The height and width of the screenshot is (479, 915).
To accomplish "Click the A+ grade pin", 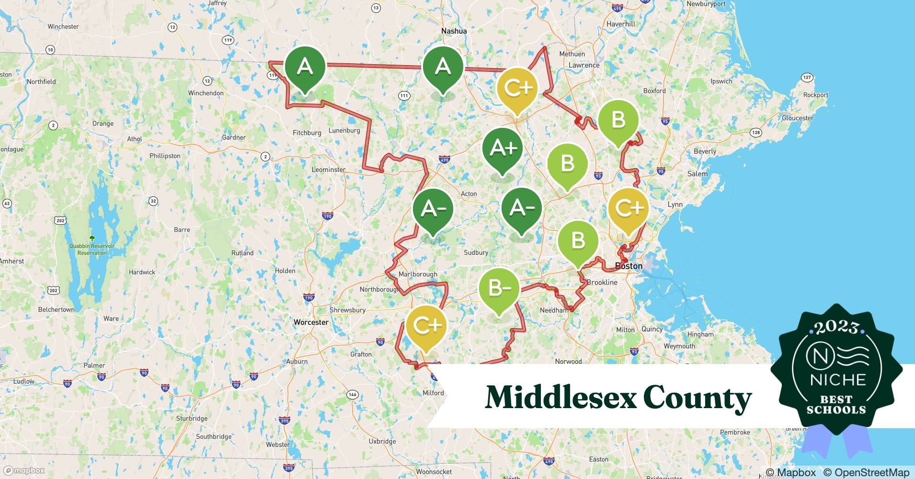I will pos(503,148).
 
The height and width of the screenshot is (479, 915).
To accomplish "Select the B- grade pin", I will pos(499,288).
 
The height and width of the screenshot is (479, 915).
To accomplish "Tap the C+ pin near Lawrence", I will pos(517,88).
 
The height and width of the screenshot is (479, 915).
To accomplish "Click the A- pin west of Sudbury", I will pos(433,208).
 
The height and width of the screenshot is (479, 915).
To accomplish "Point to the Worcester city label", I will pos(311,322).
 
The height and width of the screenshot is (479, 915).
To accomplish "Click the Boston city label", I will pos(629,266).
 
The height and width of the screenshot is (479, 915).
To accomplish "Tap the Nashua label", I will pos(454,31).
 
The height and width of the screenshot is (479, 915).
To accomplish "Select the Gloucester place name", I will pos(798,118).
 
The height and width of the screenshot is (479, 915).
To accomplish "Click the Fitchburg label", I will pos(307,133).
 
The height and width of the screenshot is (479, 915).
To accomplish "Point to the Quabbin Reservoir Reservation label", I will pos(92,249).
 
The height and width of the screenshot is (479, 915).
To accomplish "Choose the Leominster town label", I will pos(328,170).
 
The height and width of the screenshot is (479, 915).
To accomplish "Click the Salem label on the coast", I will pos(697,174).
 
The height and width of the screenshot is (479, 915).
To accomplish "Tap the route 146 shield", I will pos(353,395).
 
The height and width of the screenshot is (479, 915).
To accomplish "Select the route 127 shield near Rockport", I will pos(807,78).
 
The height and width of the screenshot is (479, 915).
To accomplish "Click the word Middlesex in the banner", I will pos(559,398).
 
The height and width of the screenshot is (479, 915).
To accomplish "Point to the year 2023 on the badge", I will pos(836,327).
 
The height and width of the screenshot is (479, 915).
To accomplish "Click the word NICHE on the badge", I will pos(837,380).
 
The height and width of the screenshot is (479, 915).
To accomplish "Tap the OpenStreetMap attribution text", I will pos(866,472).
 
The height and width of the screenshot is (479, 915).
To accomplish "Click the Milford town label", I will pos(433,393).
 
